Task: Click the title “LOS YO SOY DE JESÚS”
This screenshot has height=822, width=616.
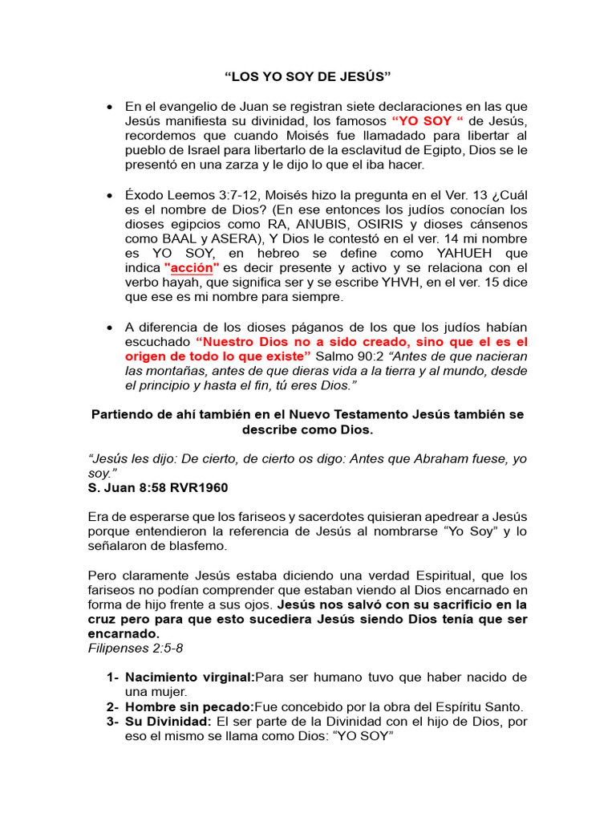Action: tap(307, 77)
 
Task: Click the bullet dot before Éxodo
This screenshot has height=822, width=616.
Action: tap(109, 195)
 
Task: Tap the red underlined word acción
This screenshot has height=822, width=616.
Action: tap(192, 267)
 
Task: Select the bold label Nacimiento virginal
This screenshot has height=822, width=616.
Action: tap(188, 677)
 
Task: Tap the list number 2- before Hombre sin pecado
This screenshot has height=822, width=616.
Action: tap(113, 707)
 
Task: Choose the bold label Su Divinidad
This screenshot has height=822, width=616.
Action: tap(168, 722)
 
